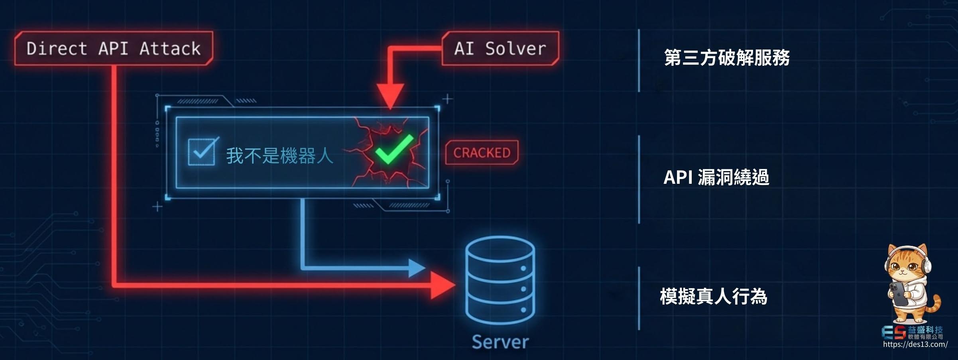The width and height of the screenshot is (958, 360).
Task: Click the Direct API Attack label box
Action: tap(114, 49)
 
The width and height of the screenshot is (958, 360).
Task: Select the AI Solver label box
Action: tap(500, 49)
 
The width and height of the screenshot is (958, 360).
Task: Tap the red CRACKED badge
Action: tap(482, 152)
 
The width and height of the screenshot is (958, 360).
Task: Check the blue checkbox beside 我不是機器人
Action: tap(202, 151)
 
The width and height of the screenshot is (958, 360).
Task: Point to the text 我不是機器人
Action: tap(279, 155)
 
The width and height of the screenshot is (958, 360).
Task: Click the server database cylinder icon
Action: tap(500, 279)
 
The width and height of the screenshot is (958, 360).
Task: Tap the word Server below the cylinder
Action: tap(500, 342)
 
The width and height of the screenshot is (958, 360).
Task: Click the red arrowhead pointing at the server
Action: tap(443, 285)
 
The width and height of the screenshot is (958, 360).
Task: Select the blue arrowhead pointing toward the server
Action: tap(417, 268)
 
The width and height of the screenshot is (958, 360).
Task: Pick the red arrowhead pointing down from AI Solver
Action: tap(391, 96)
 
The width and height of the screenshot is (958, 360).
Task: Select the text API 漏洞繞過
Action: tap(716, 177)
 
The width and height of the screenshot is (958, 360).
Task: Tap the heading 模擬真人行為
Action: tap(714, 297)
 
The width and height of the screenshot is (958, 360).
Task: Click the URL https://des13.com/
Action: tap(915, 344)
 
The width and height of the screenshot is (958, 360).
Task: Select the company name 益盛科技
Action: tap(925, 330)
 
